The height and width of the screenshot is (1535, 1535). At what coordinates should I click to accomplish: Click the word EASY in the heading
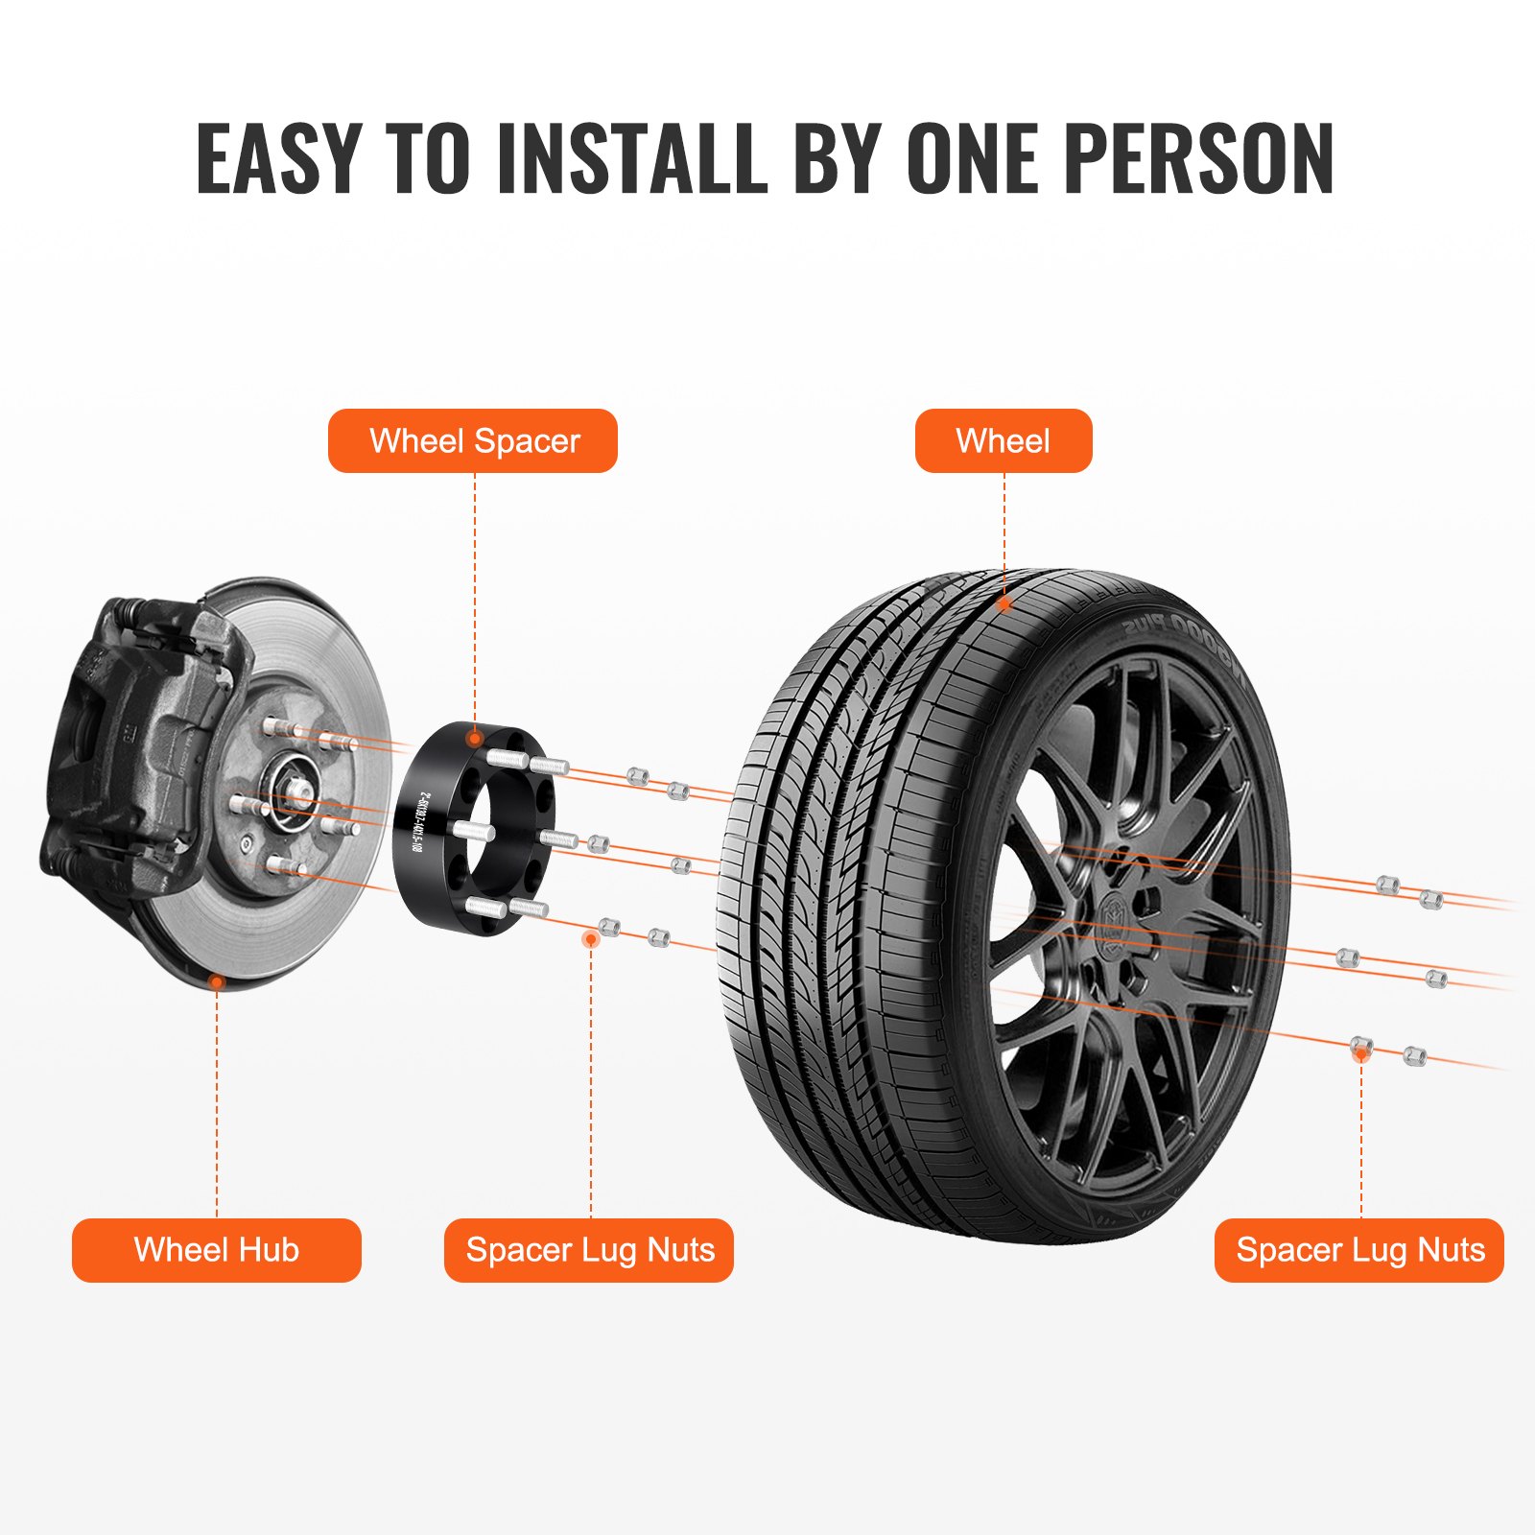pos(278,158)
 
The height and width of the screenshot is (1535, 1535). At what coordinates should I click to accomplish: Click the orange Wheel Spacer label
pos(473,441)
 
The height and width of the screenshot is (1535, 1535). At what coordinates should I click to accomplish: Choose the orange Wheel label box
pos(1004,441)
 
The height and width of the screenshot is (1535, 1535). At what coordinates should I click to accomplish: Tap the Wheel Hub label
pos(217,1250)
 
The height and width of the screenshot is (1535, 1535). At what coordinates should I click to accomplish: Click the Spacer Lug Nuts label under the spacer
pos(589,1250)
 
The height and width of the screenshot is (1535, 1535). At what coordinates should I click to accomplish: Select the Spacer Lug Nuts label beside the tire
pos(1359,1250)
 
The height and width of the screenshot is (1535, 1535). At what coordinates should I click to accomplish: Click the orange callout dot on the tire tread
pos(1004,604)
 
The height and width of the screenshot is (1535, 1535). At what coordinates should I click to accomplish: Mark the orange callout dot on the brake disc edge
pos(218,982)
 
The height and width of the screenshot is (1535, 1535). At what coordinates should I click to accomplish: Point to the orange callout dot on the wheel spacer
pos(474,738)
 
